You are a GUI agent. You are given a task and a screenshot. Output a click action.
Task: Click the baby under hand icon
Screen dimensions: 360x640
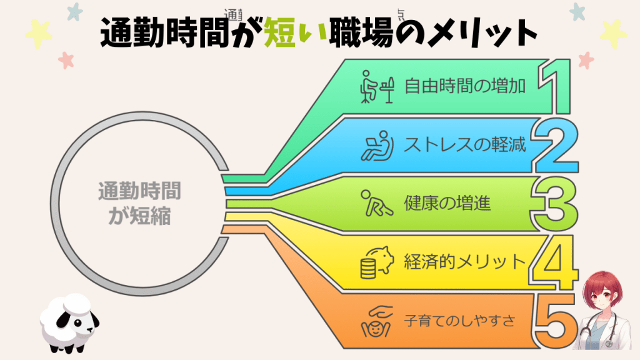pos(376,321)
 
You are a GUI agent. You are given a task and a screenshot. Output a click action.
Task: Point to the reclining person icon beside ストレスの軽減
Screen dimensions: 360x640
pos(376,146)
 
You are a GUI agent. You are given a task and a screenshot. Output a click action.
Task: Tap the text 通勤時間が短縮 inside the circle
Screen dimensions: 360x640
pos(134,204)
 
